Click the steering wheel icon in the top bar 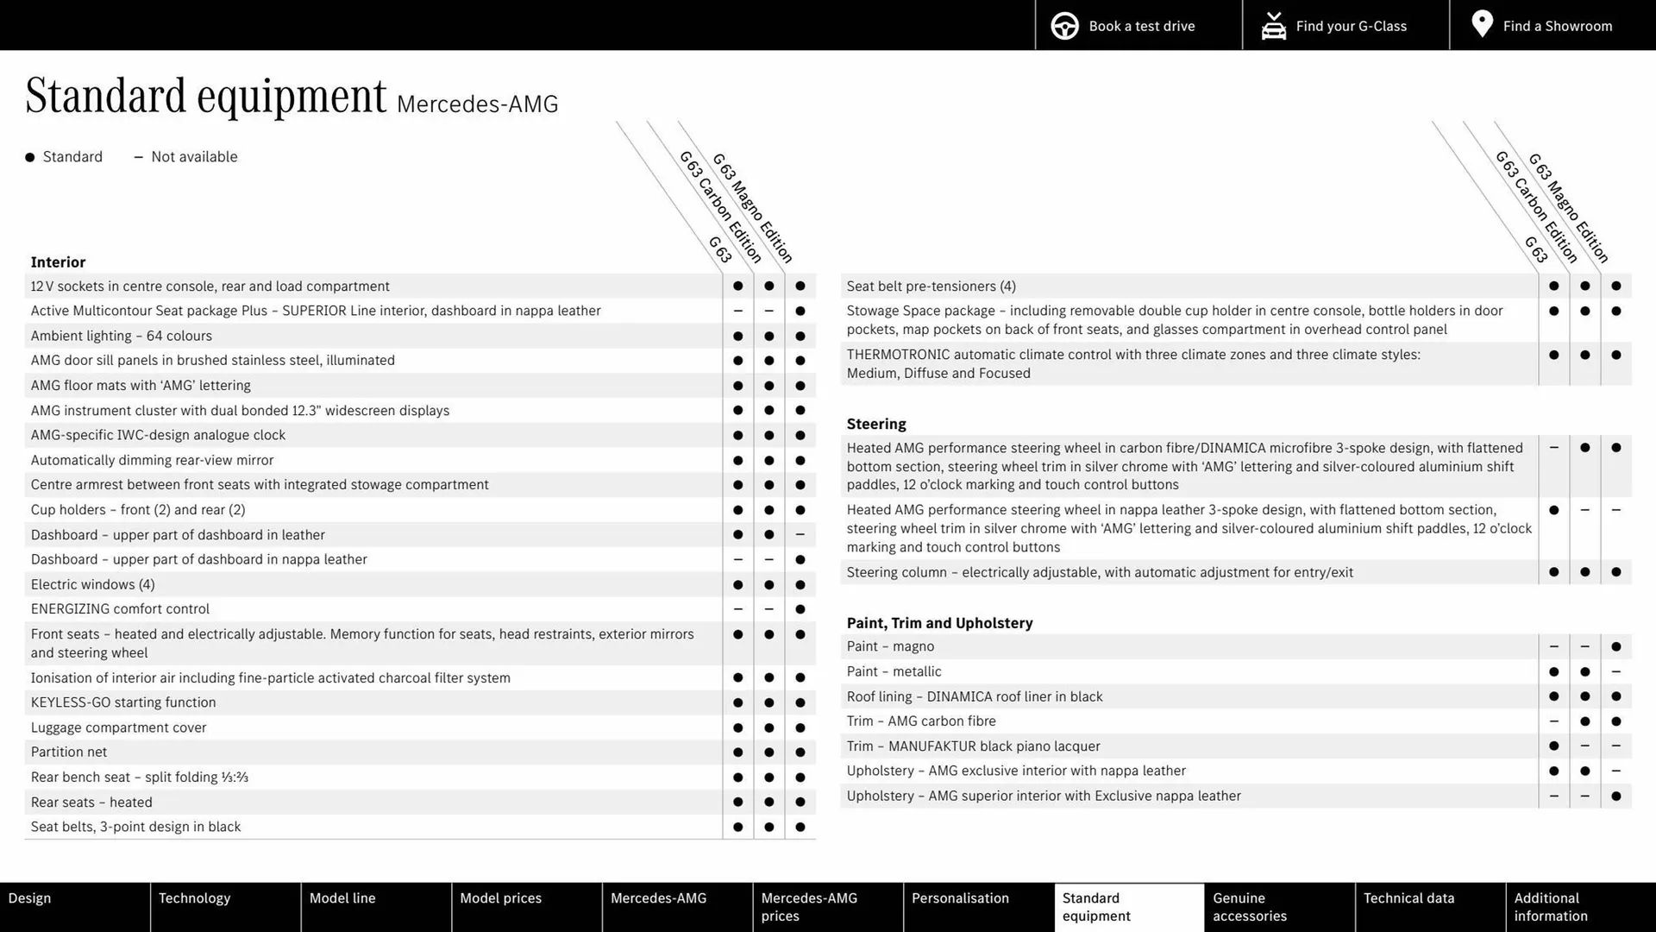(x=1064, y=26)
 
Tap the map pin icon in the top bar (x=1482, y=24)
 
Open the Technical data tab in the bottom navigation (x=1408, y=898)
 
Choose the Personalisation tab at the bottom (x=960, y=898)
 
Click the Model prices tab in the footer (x=500, y=898)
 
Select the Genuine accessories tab (x=1249, y=907)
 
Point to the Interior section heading (x=58, y=262)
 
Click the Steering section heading (x=876, y=424)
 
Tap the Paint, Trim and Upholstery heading (x=939, y=623)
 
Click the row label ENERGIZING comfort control (x=120, y=609)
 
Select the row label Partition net (x=69, y=753)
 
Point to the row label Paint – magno (x=890, y=646)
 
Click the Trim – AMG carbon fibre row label (x=921, y=721)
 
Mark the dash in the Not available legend (x=138, y=157)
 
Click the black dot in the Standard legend (x=30, y=157)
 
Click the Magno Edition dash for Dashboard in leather (x=800, y=535)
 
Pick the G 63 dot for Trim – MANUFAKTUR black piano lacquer (x=1553, y=746)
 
